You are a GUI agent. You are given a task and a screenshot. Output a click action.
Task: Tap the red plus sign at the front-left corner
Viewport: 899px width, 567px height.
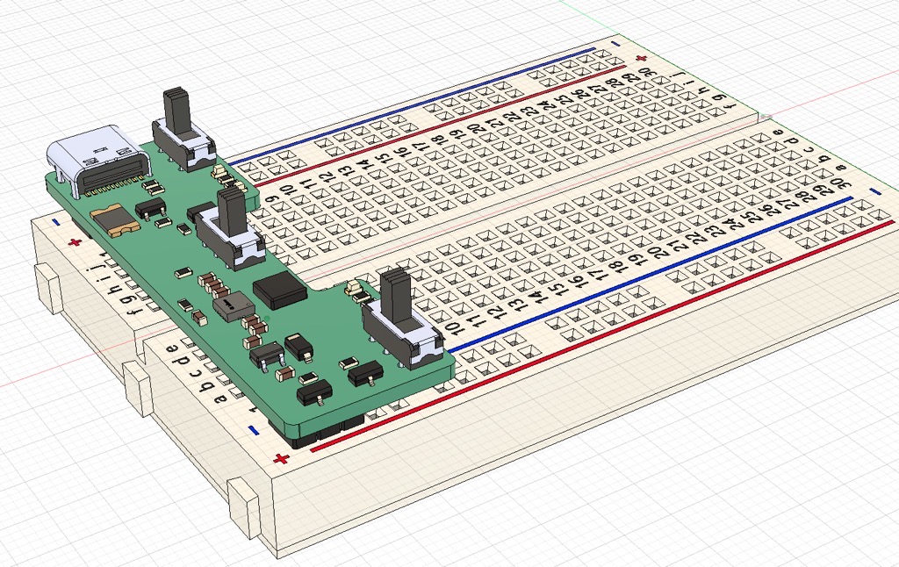point(281,459)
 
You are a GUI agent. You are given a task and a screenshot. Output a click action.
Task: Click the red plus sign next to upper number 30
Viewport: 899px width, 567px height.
point(642,59)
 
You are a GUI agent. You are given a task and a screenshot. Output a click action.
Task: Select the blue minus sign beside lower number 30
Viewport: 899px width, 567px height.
point(874,192)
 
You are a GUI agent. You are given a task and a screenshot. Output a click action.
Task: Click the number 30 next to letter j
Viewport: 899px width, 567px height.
point(646,72)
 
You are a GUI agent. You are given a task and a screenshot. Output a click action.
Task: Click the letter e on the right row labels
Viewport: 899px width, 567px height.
point(778,132)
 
